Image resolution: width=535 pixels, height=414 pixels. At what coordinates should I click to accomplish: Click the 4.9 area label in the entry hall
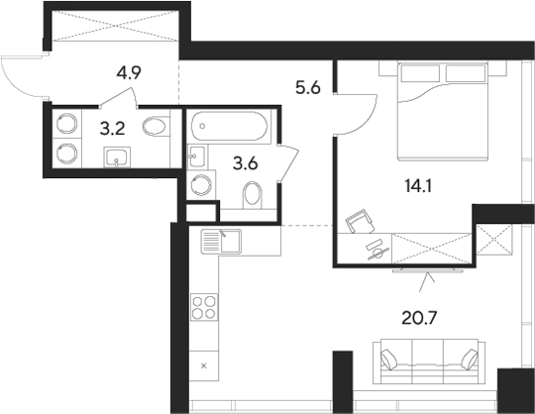pos(129,72)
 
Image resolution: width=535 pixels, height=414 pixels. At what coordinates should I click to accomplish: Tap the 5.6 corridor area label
pos(308,88)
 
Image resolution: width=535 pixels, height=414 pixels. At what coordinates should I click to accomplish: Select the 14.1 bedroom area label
pos(418,186)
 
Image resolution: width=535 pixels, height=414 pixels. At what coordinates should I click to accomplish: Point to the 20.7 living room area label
pos(420,318)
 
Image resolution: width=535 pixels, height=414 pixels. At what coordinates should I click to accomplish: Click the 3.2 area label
pos(113,129)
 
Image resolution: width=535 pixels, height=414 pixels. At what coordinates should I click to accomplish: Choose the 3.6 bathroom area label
pos(246,164)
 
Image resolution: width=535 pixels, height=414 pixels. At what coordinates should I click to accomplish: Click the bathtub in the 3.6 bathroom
pos(229,126)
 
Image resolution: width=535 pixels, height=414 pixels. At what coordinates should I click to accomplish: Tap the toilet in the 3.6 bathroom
pos(253,195)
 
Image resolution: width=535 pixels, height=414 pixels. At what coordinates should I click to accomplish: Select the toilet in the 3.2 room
pos(156,127)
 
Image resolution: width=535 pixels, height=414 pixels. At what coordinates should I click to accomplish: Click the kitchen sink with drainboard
pos(221,242)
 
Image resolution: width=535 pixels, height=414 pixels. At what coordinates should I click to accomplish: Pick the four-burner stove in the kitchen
pos(204,307)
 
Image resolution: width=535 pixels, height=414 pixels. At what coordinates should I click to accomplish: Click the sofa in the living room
pos(429,362)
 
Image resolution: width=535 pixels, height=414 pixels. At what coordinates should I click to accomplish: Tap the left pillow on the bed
pos(420,73)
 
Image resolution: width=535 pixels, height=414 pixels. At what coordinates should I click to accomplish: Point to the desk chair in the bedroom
pos(360,221)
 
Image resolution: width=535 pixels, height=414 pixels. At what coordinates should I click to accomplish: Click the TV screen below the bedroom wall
pos(428,270)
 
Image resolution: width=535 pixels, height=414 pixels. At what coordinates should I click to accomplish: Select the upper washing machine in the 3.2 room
pos(67,124)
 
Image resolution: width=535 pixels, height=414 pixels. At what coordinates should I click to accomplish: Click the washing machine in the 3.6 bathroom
pos(201,185)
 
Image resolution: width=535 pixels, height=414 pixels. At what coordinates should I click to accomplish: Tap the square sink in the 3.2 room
pos(117,157)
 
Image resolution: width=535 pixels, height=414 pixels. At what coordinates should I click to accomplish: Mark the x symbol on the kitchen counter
pos(204,366)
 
